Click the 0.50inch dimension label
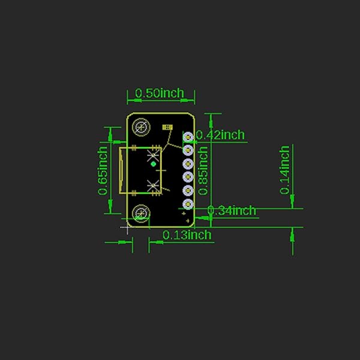point(159,93)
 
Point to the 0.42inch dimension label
point(221,135)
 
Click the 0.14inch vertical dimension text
point(285,169)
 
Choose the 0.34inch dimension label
point(232,211)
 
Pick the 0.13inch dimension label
point(187,235)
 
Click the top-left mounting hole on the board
point(142,127)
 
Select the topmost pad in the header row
point(188,137)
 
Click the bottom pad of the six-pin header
point(188,205)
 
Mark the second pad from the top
point(188,150)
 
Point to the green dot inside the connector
point(153,163)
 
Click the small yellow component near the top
point(167,127)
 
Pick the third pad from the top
point(188,164)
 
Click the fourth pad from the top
point(188,178)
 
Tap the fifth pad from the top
point(188,191)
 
